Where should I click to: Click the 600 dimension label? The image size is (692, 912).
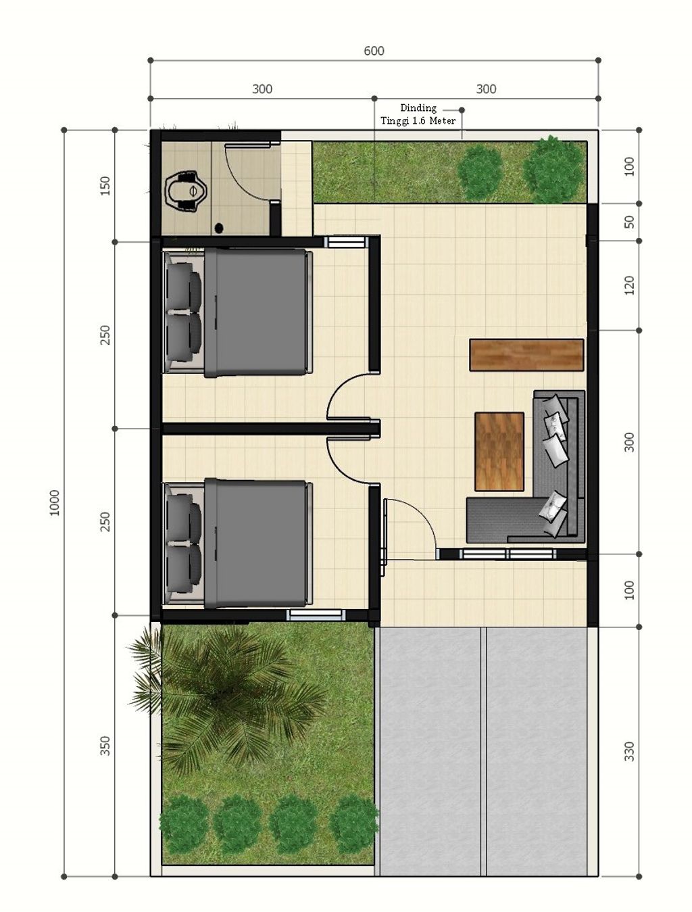pos(374,51)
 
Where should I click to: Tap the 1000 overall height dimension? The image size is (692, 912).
pos(54,503)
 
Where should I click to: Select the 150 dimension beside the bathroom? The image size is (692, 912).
pos(105,186)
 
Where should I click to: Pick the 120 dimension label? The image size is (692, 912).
pos(629,285)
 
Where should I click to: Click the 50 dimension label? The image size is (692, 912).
pos(629,222)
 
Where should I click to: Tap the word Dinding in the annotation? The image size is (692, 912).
pos(418,108)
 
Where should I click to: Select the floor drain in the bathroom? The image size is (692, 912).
pos(219,227)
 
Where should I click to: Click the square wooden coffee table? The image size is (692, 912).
pos(499,451)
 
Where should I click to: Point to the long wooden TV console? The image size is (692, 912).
pos(526,354)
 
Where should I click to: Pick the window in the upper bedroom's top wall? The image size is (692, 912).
pos(346,242)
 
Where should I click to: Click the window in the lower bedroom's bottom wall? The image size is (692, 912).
pos(317,615)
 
